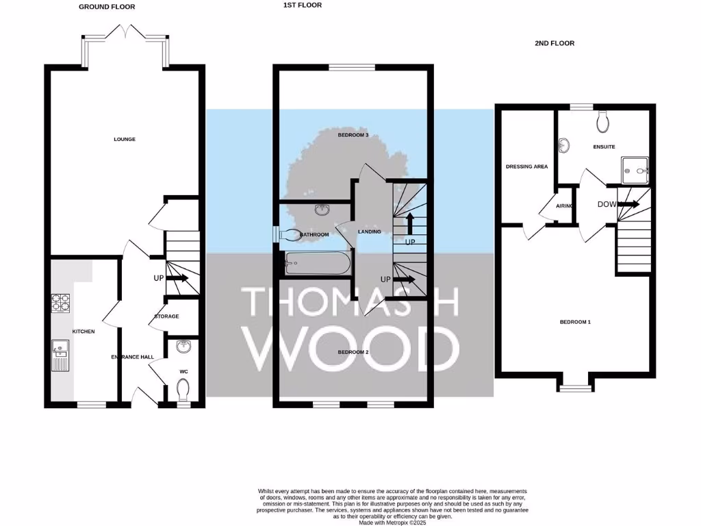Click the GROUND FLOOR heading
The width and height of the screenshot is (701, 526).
pos(107,7)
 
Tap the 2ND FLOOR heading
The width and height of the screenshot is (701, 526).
pos(554,43)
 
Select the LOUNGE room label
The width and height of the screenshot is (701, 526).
pos(124,139)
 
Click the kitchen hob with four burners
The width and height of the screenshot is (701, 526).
pos(60,302)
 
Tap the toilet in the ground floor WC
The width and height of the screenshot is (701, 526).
pos(183,391)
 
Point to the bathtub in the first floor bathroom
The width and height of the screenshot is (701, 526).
pos(316,262)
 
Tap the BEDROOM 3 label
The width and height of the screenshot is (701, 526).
pos(353,136)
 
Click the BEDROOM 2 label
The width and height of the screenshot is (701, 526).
pos(353,352)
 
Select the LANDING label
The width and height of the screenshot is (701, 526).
pos(369,231)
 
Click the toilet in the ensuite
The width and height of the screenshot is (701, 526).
pos(603,122)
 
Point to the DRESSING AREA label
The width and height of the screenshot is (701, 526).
pos(526,166)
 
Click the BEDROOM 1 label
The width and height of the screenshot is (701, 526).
pos(574,322)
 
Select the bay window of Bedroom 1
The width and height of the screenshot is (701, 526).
pos(574,388)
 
